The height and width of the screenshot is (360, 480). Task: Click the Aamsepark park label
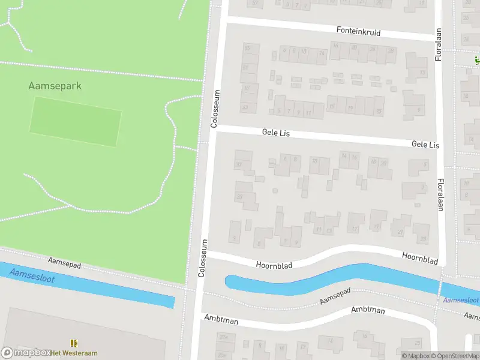coord(55,86)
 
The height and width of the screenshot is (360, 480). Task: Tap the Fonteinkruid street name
coord(358,31)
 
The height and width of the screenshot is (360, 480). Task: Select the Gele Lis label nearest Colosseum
coord(275,133)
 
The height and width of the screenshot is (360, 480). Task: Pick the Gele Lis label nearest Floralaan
coord(425,145)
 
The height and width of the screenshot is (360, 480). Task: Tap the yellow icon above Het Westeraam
coord(74,343)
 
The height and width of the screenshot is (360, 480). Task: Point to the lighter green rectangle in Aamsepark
coord(76,121)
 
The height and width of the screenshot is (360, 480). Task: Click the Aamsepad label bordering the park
coord(64,265)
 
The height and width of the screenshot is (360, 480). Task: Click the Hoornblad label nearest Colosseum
coord(274,264)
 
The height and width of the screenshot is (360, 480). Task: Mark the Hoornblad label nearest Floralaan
coord(420,258)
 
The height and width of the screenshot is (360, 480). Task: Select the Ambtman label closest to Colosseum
coord(221,320)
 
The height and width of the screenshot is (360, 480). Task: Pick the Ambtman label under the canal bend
coord(368,310)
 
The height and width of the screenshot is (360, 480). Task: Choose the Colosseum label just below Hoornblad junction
coord(203,259)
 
